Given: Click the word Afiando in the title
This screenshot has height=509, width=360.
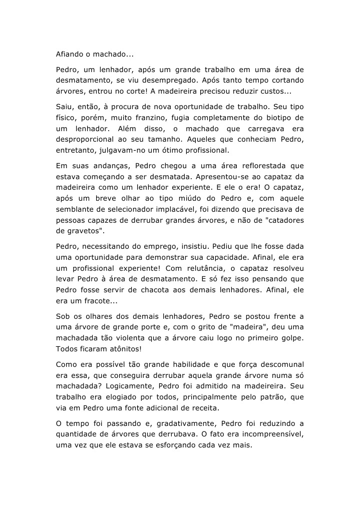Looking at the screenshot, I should click(70, 54).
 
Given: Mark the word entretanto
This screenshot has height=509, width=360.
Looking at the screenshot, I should click(77, 151).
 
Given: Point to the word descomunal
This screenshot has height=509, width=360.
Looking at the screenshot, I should click(279, 364).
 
